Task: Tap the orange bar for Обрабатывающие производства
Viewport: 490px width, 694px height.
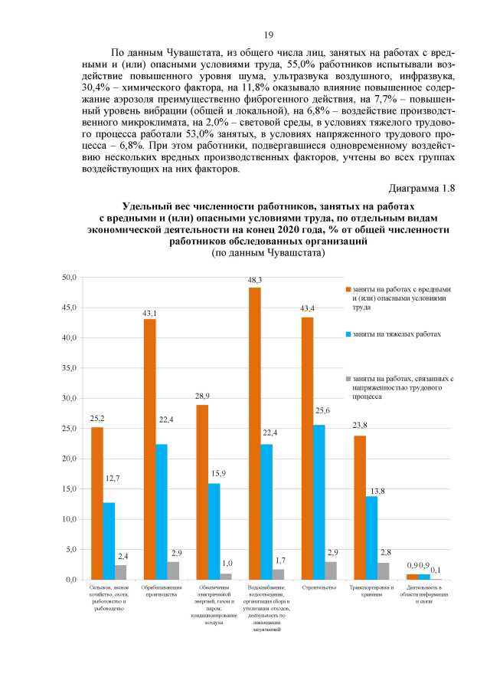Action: (150, 449)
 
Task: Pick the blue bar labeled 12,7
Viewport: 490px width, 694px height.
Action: (109, 541)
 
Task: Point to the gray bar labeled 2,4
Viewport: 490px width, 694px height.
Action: (121, 572)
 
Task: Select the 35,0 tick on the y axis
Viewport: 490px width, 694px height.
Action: (70, 368)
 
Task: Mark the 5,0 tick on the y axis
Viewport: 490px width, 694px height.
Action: (71, 549)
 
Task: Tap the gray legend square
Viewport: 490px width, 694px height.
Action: (347, 379)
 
